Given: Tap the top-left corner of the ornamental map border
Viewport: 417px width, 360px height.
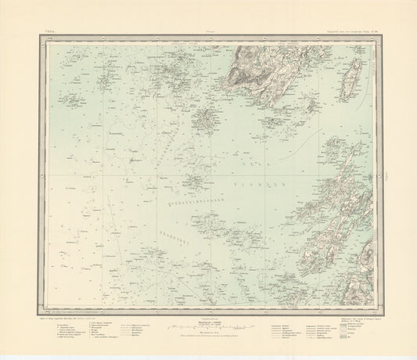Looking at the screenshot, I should (x=37, y=38).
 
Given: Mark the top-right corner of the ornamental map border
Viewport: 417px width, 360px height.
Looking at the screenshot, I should (x=381, y=38).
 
